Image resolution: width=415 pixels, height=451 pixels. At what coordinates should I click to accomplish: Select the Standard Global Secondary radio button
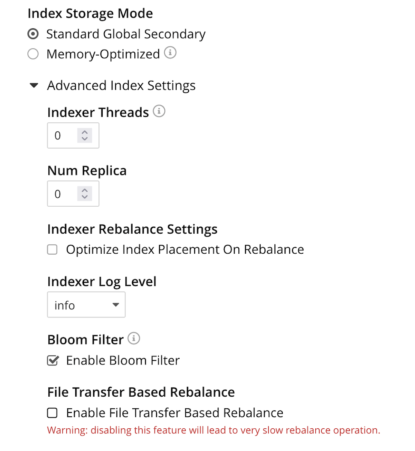pos(33,34)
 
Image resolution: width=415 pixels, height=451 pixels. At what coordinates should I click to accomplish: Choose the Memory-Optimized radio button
pos(33,54)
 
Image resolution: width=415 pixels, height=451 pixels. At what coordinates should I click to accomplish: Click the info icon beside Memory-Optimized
pos(170,53)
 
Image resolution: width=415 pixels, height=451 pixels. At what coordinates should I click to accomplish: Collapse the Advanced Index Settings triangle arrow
pos(34,86)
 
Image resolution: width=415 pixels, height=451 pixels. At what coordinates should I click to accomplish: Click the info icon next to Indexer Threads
pos(159,112)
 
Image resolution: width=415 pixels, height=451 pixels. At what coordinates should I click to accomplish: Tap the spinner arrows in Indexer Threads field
pos(85,136)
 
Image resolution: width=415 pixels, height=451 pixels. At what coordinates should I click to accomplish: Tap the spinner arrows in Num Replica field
pos(85,194)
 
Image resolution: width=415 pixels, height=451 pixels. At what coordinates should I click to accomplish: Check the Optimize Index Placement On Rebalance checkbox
pos(52,249)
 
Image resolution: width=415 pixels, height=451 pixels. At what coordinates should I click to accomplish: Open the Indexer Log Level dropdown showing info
pos(86,305)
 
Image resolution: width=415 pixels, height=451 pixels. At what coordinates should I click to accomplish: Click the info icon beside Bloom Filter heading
pos(134,339)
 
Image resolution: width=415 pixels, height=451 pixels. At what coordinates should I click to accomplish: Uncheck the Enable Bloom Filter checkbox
pos(52,361)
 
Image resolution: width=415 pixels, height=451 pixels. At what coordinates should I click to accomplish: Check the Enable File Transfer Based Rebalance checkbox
pos(52,413)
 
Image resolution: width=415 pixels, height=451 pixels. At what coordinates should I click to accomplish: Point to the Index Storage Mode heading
pos(90,13)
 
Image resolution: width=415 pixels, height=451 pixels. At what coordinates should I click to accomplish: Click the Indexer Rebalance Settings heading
pos(132,229)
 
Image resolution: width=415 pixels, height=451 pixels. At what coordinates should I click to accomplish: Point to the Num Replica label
pos(87,171)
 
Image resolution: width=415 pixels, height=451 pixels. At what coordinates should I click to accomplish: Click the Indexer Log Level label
pos(102,282)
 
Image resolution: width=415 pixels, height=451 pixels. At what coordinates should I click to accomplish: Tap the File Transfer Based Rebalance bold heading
pos(141,392)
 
